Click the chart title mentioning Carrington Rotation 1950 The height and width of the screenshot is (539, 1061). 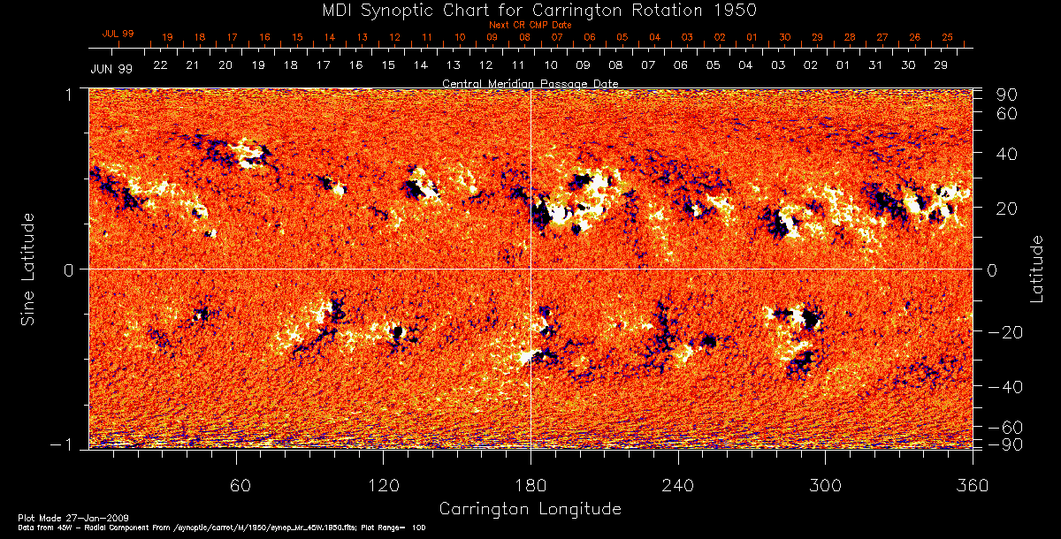[530, 10]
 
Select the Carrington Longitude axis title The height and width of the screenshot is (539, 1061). [530, 509]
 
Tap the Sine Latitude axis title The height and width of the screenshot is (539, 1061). [28, 268]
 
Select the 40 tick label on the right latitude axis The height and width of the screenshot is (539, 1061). [1008, 154]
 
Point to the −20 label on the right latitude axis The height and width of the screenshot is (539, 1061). [1004, 331]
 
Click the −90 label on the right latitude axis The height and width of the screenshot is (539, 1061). [1004, 444]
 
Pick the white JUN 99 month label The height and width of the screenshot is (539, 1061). [111, 68]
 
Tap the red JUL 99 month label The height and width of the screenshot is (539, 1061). [118, 34]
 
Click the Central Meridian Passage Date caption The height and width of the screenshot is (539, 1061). [530, 83]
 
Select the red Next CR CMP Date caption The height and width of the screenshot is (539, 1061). [530, 26]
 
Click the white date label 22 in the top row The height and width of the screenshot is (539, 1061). [160, 65]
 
